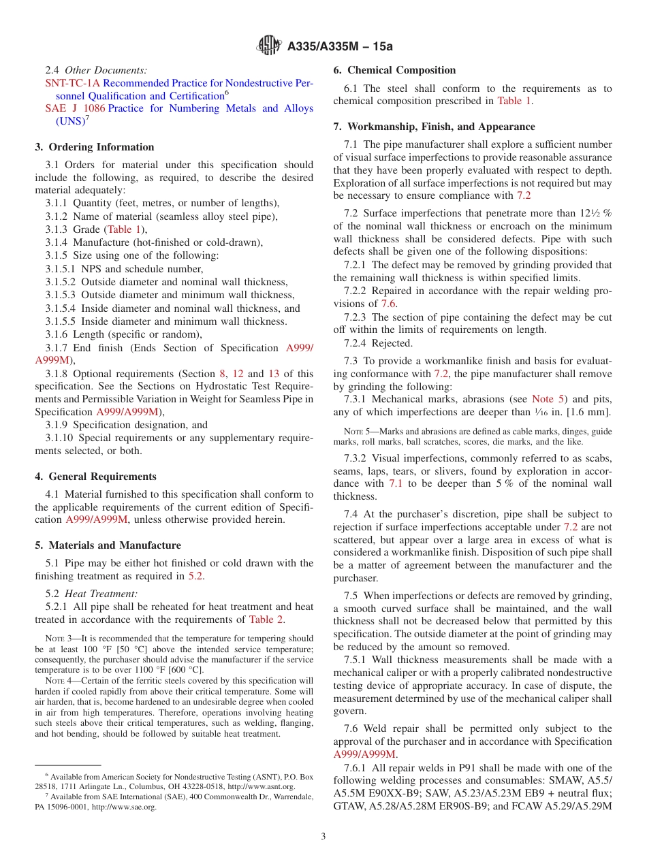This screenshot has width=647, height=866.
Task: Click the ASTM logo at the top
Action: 270,46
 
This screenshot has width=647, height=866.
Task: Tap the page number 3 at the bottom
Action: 323,836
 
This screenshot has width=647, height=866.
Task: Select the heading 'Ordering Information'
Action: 101,147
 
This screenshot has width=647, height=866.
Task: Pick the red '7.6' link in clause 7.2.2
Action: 388,304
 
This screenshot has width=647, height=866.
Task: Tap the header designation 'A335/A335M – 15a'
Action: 341,46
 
